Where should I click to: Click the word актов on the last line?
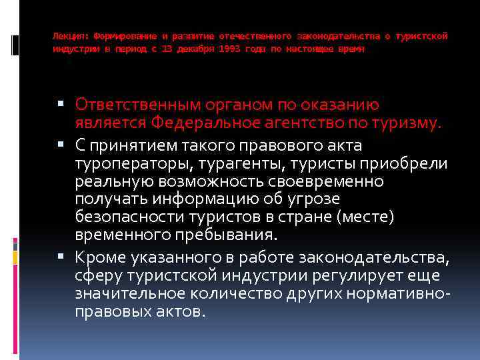pos(174,311)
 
